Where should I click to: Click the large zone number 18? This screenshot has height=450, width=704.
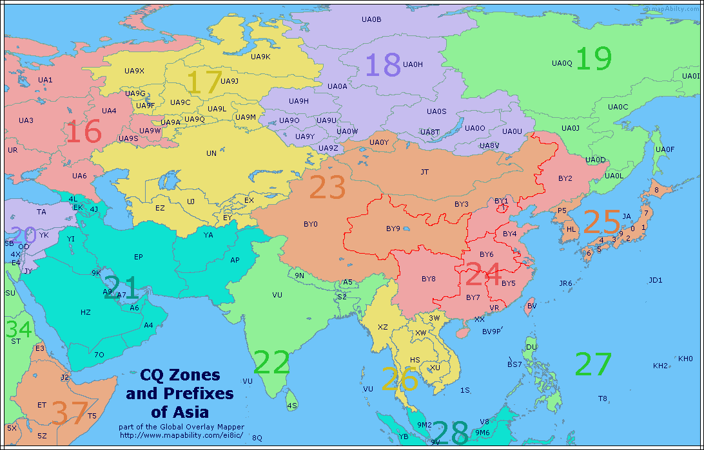point(384,66)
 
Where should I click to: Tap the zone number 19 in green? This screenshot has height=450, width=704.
point(593,59)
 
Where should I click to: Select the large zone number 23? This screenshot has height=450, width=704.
point(328,187)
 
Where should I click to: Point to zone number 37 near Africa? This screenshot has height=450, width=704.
point(70,413)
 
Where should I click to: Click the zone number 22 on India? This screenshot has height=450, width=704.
point(271,362)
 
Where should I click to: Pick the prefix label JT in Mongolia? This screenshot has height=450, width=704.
point(424,172)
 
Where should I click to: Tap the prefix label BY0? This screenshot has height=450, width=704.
point(310,225)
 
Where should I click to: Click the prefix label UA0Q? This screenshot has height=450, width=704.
point(562,63)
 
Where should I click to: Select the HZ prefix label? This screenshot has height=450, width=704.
point(86,312)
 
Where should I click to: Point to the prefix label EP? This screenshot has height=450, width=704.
point(138,257)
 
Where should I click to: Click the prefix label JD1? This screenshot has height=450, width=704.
point(656,280)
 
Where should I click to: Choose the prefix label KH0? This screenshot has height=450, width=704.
point(685,359)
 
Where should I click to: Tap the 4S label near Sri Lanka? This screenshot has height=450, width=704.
point(292,406)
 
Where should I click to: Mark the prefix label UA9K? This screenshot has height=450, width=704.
point(260,57)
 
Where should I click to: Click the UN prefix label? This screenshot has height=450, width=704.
point(211,154)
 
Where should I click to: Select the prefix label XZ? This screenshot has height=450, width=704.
point(383,327)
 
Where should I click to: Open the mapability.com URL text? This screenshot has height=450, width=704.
point(180,436)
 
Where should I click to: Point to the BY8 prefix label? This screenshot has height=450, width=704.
point(429,279)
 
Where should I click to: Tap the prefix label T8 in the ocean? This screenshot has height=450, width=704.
point(602,398)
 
